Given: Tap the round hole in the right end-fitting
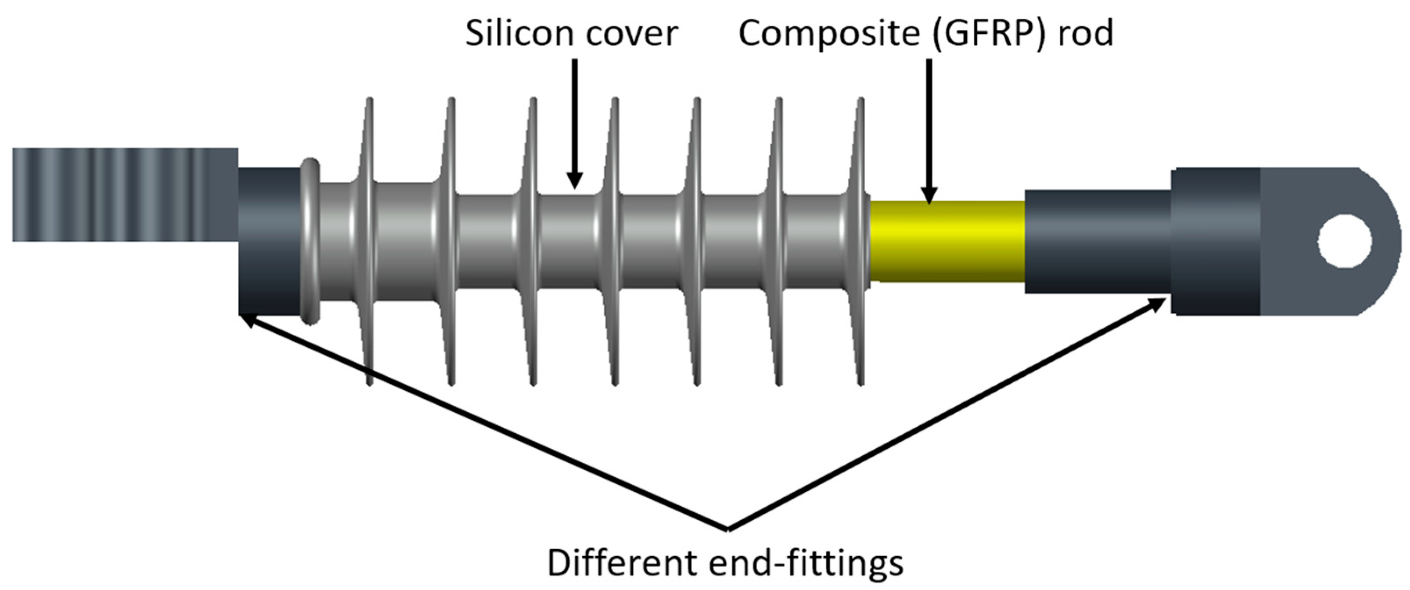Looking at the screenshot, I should (x=1345, y=241).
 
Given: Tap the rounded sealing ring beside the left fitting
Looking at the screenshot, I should (x=310, y=241).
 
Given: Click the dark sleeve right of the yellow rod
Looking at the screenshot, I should (x=1097, y=241).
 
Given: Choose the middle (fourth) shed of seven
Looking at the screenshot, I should (x=615, y=241).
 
